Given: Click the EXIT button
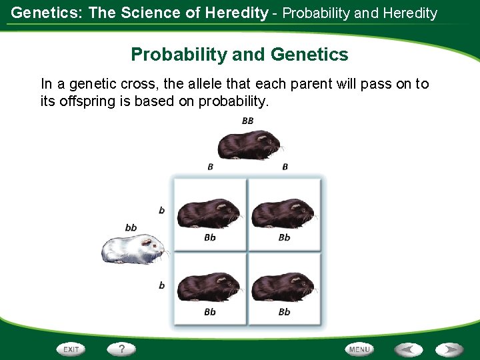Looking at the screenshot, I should coord(71,349).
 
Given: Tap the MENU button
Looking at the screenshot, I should coord(360,349).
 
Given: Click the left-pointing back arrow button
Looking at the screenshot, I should coord(408,349).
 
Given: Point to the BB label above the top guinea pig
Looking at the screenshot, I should coord(247,121).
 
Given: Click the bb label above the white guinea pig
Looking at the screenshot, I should coord(131,228).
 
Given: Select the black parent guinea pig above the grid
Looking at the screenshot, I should coord(249,144).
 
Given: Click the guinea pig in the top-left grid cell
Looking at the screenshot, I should coord(210,213).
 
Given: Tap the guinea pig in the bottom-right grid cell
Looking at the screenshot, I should coord(285,287).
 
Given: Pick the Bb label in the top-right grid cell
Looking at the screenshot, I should coord(285,237).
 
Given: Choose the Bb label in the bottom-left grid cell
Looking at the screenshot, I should coord(210,311).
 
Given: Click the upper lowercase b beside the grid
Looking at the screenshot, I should coord(162,210).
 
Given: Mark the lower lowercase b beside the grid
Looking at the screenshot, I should coord(162,285).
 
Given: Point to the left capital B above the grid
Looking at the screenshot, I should coord(210,167).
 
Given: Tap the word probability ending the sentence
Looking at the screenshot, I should coord(233,101).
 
